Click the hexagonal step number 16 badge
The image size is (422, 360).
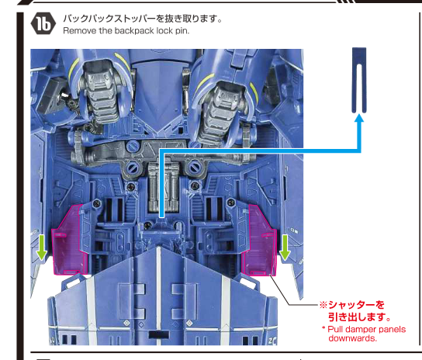pos(43,24)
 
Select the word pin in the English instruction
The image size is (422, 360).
pos(182,31)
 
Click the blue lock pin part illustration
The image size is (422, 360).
pos(359,80)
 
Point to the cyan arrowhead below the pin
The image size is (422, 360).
pos(359,118)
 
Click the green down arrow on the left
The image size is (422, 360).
pos(42,247)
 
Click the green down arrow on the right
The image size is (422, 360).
pos(285,247)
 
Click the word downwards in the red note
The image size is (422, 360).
pos(352,338)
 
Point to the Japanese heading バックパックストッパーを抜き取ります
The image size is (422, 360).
pos(143,19)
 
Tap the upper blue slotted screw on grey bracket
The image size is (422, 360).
pos(133,147)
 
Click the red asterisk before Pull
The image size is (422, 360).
pos(323,328)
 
